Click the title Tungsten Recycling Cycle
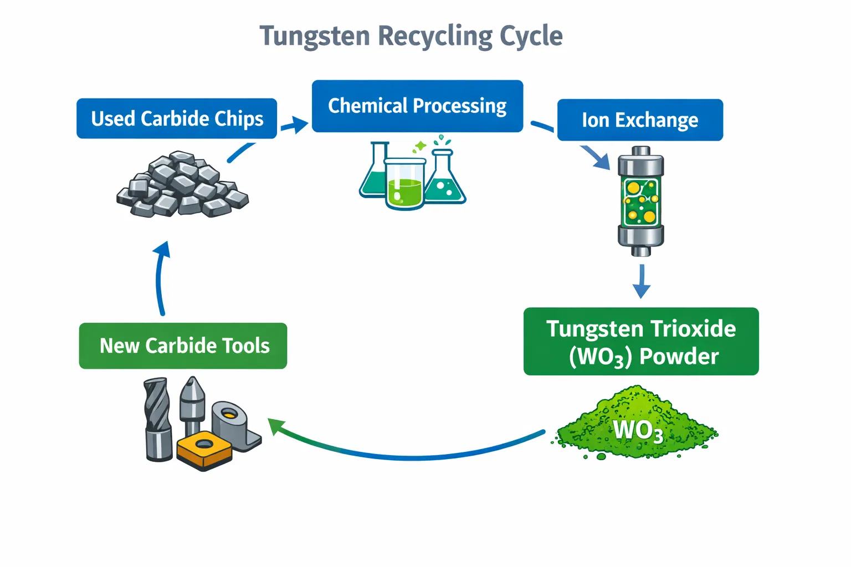click(x=411, y=37)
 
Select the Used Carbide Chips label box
click(x=177, y=118)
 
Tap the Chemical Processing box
click(x=417, y=106)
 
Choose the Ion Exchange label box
click(x=640, y=120)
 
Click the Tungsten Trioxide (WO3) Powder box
click(x=641, y=342)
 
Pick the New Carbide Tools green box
click(x=183, y=346)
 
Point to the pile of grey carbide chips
click(x=182, y=185)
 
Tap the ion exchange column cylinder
click(x=641, y=202)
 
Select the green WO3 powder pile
click(x=637, y=424)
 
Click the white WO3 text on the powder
click(x=638, y=430)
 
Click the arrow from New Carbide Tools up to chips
click(x=160, y=277)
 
